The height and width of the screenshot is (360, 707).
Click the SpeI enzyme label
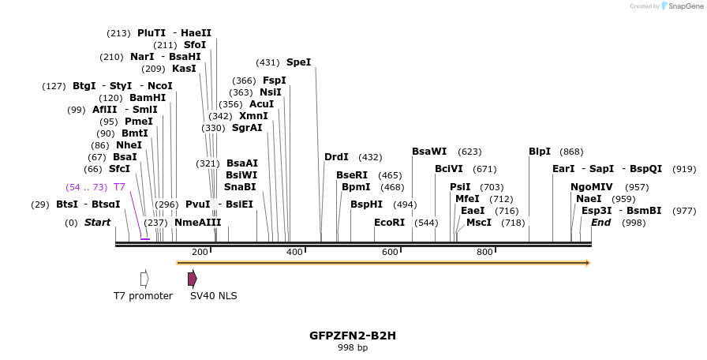pos(298,62)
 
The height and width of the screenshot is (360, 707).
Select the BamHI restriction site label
pos(148,98)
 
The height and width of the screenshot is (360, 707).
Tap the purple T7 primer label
pos(119,187)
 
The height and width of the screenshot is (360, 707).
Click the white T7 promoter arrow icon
pos(144,279)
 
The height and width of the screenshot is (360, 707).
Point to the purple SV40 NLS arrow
pos(192,279)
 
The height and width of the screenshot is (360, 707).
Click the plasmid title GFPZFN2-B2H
pos(353,336)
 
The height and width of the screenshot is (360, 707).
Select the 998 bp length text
pos(353,347)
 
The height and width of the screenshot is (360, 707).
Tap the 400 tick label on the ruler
pos(294,252)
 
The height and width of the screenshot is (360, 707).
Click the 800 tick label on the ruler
pos(484,252)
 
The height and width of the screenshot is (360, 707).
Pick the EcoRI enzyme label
pos(389,223)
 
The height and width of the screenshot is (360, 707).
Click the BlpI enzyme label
pos(540,152)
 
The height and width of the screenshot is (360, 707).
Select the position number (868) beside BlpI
pos(571,152)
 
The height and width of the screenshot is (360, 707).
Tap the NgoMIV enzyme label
pos(587,187)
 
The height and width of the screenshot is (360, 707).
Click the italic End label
pos(600,223)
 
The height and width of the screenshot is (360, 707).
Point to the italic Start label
pos(97,223)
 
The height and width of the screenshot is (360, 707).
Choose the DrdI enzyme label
pos(336,157)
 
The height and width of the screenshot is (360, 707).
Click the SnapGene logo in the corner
pos(681,6)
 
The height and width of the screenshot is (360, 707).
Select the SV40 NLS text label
pos(213,296)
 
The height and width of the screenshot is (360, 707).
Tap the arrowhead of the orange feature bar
pos(587,263)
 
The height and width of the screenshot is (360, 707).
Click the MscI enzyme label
pos(479,223)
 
